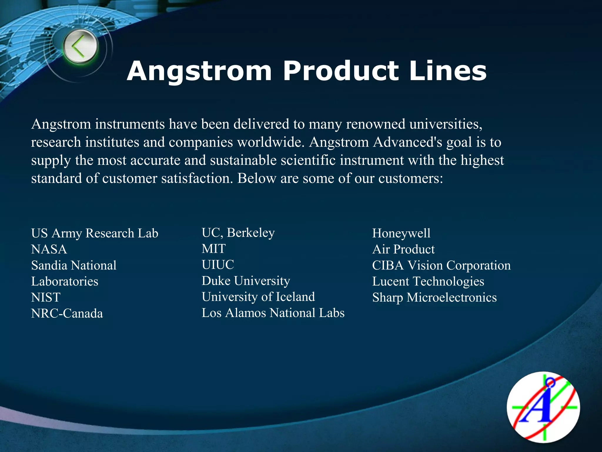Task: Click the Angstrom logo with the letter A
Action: click(543, 408)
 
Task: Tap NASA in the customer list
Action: click(49, 249)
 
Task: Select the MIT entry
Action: click(214, 249)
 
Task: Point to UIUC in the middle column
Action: click(218, 265)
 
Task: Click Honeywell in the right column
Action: click(401, 233)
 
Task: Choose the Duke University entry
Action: click(246, 281)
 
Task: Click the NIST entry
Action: click(46, 297)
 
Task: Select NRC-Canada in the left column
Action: click(67, 313)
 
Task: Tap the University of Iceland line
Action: click(258, 297)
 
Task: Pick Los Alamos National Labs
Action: click(273, 313)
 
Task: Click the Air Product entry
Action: click(403, 249)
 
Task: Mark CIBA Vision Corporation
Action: click(441, 265)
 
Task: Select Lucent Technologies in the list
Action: click(428, 281)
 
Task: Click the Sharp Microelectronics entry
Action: click(434, 297)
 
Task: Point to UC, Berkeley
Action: click(238, 232)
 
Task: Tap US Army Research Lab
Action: click(95, 233)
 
